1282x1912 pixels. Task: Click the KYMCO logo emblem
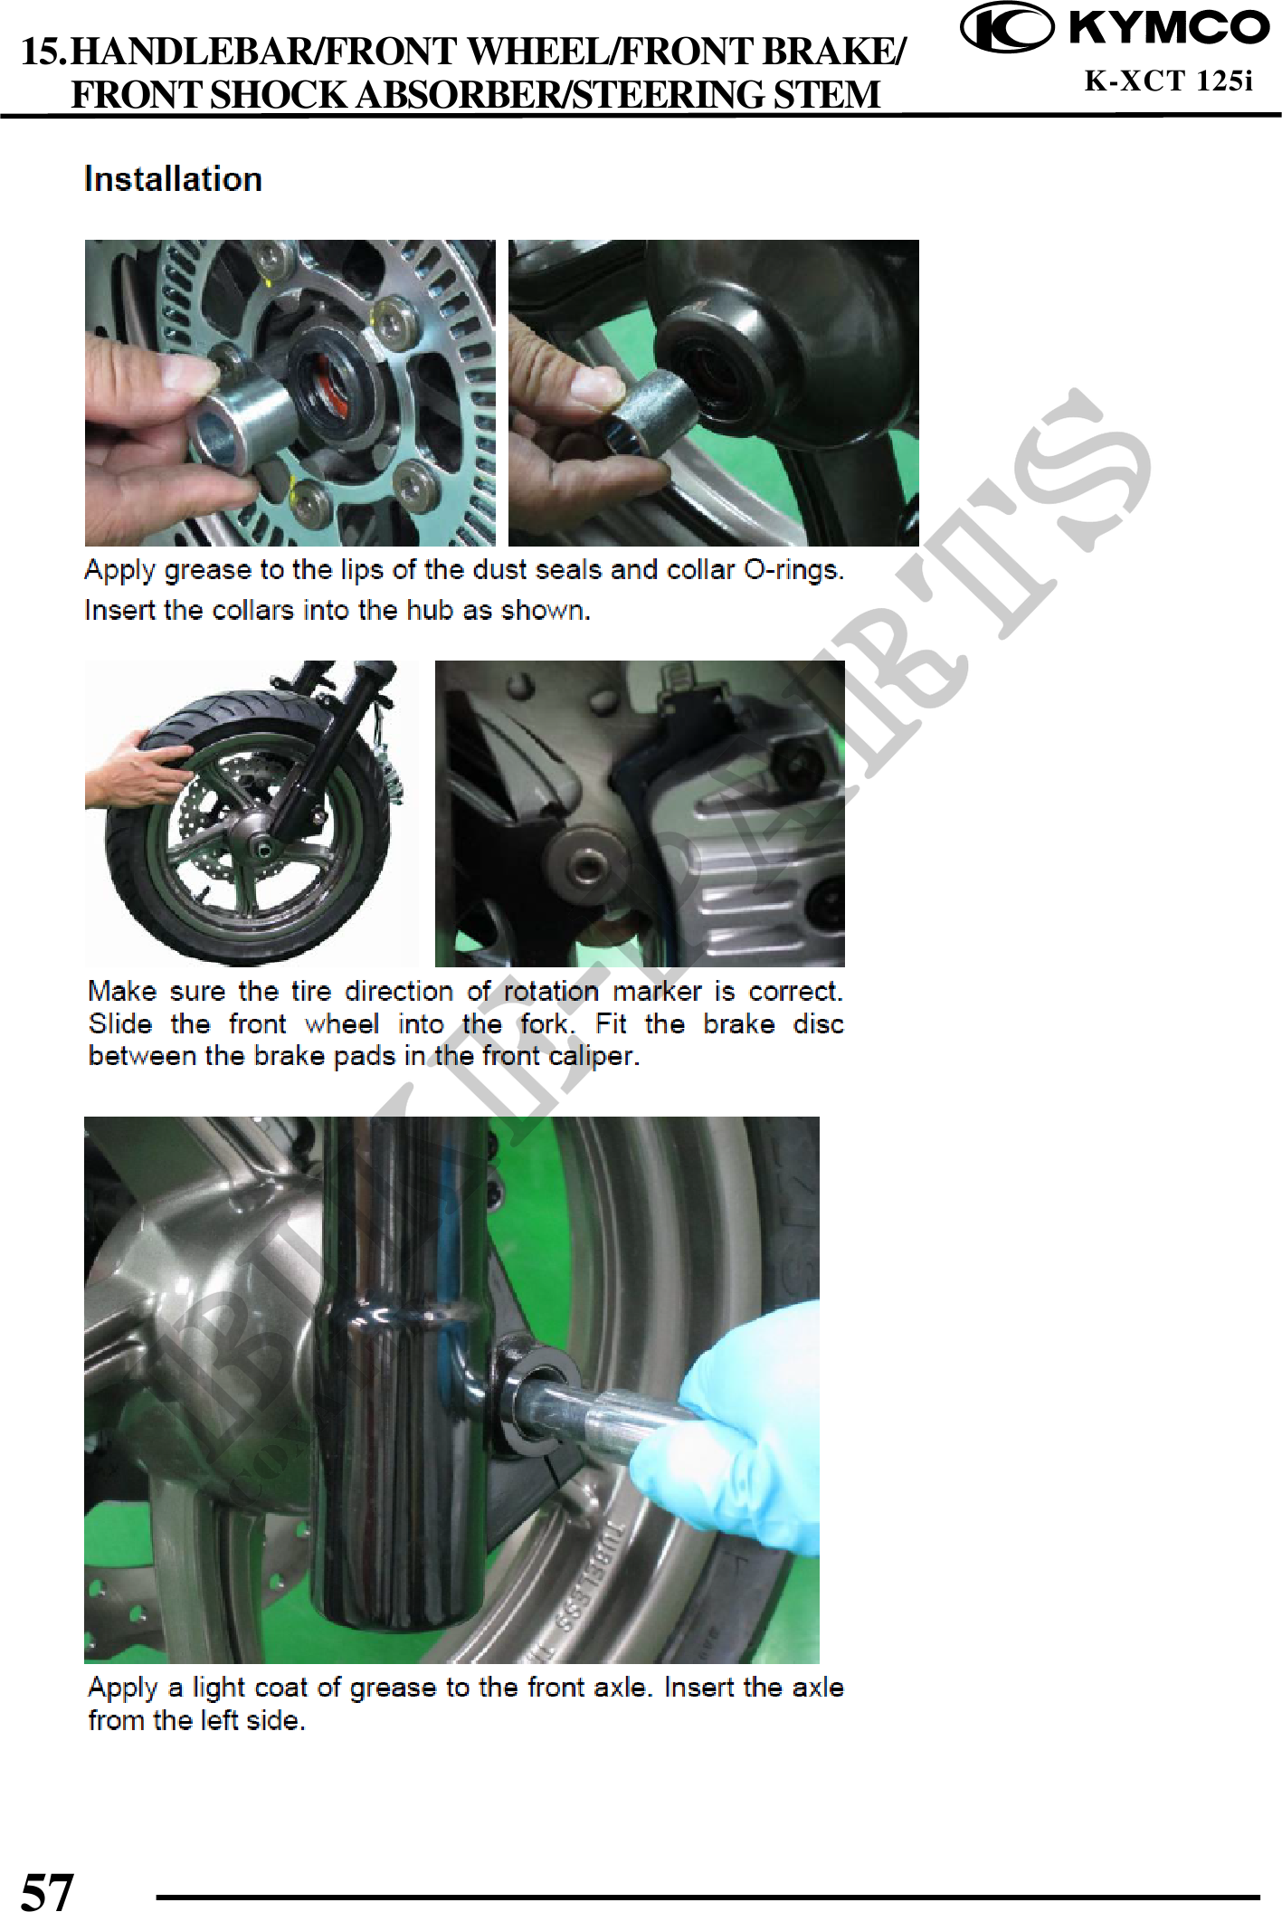(1006, 29)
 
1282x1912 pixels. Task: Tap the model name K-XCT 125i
(1169, 81)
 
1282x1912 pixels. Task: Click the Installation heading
(173, 179)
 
